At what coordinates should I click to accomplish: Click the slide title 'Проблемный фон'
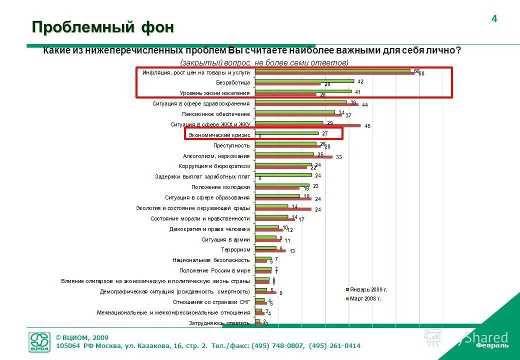[x=103, y=27]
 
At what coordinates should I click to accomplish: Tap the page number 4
[x=494, y=19]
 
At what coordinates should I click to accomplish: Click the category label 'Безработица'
[x=232, y=82]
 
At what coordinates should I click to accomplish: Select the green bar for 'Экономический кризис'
[x=286, y=133]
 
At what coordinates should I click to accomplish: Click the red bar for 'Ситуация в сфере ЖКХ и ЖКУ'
[x=307, y=125]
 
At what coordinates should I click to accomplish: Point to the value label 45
[x=367, y=126]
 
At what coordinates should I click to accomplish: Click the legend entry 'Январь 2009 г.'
[x=369, y=289]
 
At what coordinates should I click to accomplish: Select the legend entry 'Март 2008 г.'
[x=366, y=298]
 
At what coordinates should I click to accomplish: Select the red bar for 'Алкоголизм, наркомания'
[x=293, y=157]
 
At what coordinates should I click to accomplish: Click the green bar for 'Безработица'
[x=304, y=81]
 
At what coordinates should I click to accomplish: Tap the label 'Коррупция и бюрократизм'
[x=214, y=166]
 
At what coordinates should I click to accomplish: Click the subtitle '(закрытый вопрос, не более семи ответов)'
[x=264, y=62]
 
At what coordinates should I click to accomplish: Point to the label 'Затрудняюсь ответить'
[x=219, y=323]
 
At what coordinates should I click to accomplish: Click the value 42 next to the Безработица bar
[x=360, y=81]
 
